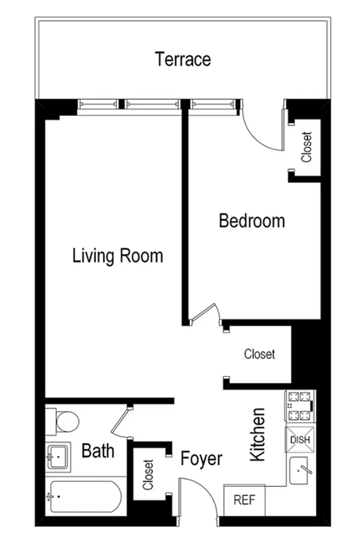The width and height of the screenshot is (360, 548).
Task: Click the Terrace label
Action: point(183,59)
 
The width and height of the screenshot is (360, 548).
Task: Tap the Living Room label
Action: point(117,256)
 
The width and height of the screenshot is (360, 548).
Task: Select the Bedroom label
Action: point(252,221)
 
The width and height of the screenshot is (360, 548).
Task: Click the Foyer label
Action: point(202,459)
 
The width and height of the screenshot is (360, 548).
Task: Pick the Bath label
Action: point(98,451)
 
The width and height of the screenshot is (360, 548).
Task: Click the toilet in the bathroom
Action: point(62,421)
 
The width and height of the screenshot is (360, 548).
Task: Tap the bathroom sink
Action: point(58,457)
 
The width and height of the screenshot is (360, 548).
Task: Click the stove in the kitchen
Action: point(300,406)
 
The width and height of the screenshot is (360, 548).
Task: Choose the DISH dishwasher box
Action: point(300,439)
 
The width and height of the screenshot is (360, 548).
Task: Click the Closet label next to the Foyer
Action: point(148,475)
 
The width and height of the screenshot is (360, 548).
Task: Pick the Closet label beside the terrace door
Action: point(307,147)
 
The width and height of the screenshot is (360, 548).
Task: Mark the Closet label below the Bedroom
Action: point(260,354)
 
